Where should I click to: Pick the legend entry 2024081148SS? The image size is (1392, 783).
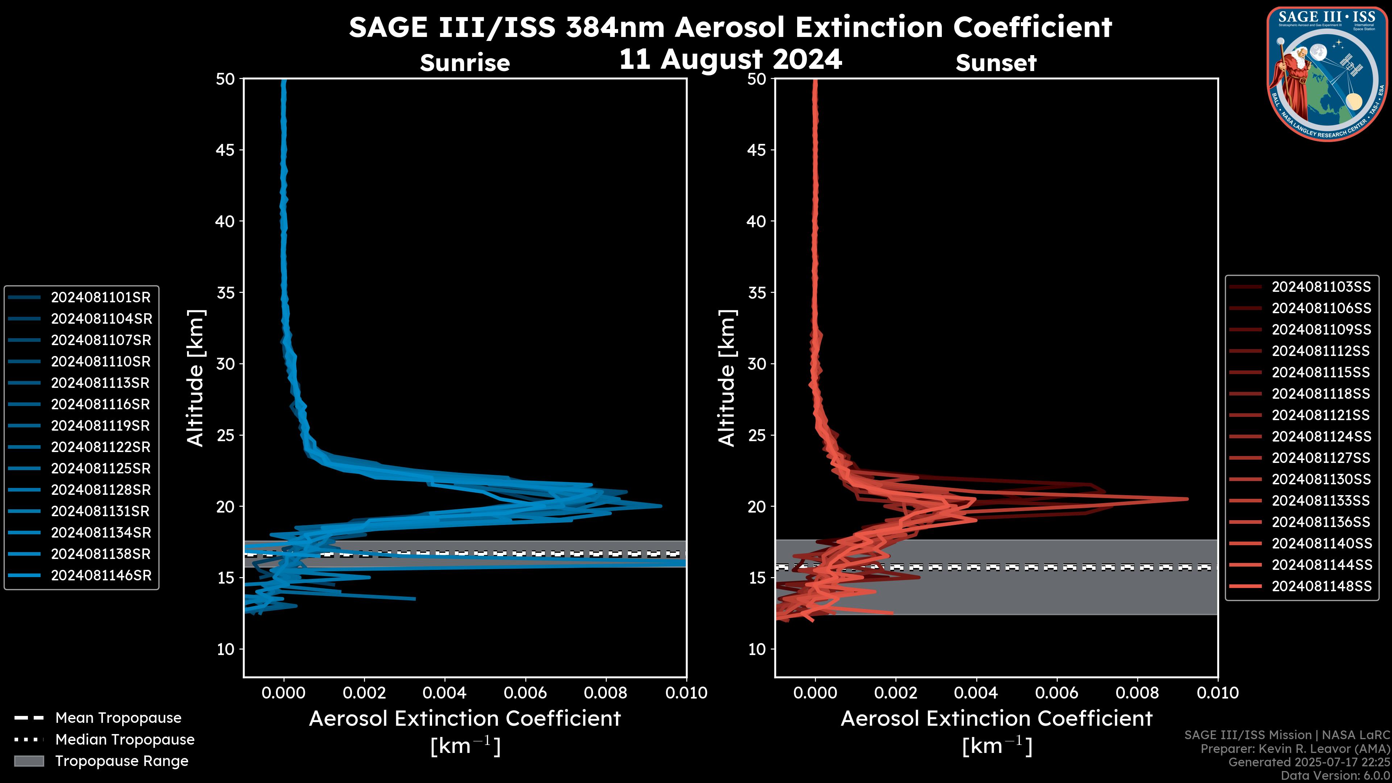1321,586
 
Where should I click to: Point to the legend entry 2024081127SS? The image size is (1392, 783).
1321,458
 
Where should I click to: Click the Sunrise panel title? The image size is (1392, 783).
465,63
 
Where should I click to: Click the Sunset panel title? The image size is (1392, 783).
996,63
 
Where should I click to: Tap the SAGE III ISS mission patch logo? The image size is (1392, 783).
1328,74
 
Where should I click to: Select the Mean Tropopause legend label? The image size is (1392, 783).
118,718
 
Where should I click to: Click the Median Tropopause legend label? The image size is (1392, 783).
125,739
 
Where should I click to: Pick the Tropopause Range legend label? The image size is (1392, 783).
121,761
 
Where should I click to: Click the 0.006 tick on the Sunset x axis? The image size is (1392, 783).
1057,693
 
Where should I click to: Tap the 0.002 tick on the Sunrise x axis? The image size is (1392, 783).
364,693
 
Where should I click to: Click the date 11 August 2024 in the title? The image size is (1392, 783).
730,59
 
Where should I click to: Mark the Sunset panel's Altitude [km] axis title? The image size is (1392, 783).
727,378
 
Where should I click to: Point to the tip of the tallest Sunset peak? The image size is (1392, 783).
1187,499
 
